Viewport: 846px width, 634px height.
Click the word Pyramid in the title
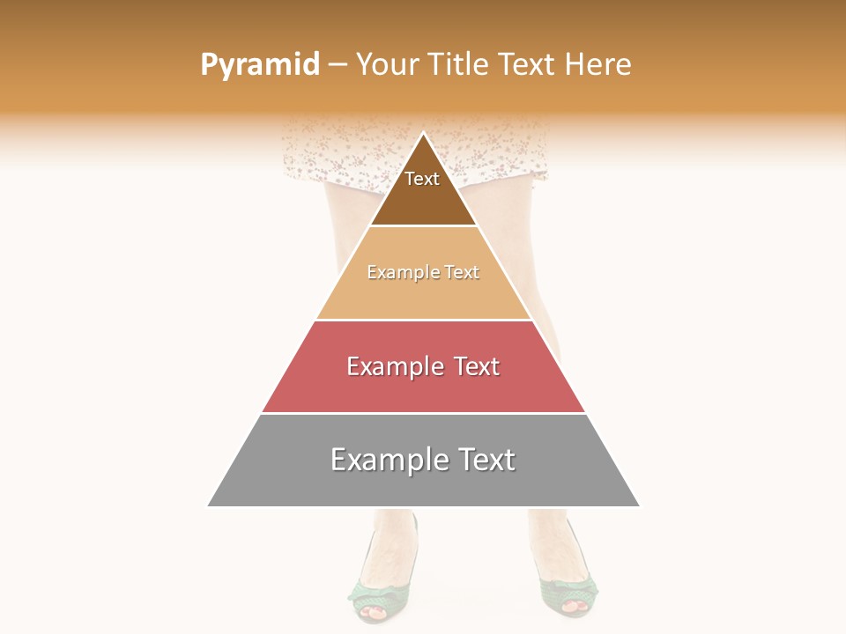click(x=259, y=65)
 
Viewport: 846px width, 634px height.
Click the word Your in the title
click(x=388, y=64)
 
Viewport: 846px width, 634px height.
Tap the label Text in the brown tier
click(x=422, y=179)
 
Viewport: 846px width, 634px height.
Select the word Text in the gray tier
click(x=483, y=460)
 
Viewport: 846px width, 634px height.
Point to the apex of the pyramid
click(x=424, y=134)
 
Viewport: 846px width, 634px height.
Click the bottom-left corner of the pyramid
click(x=209, y=505)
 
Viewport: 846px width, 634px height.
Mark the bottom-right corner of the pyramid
click(x=639, y=505)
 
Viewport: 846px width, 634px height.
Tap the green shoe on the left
click(x=375, y=590)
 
